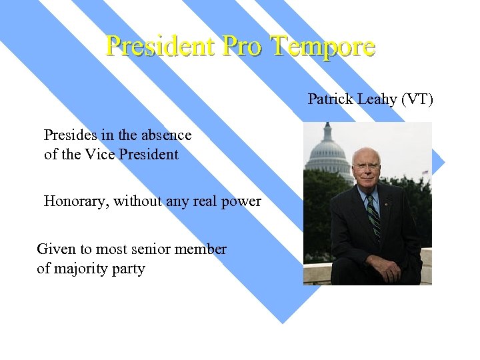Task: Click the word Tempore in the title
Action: click(x=323, y=46)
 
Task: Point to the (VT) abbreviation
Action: click(x=417, y=100)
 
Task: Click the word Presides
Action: click(x=69, y=135)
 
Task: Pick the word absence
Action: click(x=167, y=135)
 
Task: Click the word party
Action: click(x=127, y=270)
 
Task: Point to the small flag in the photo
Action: click(x=425, y=172)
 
